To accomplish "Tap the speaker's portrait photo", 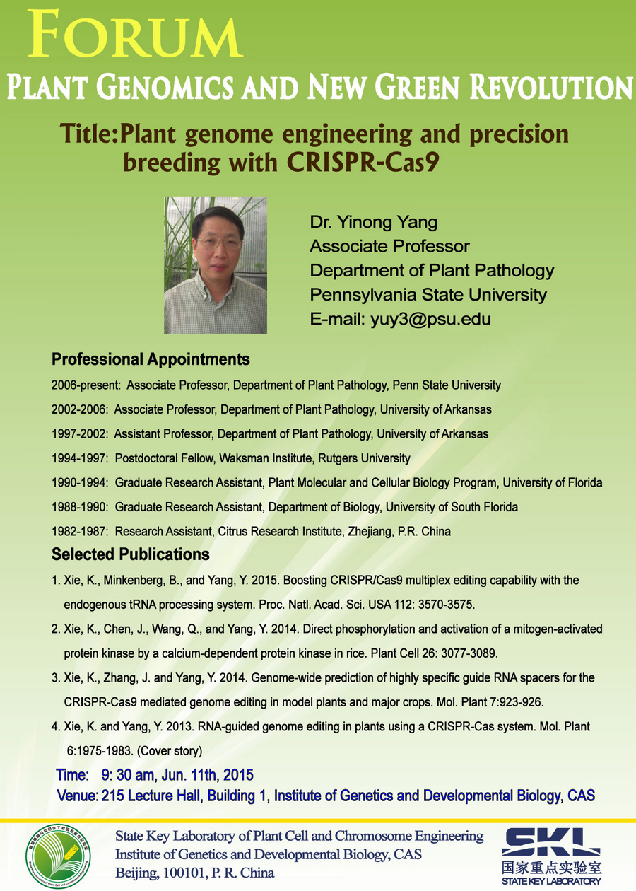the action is pyautogui.click(x=216, y=265).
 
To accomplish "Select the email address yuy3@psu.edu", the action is pyautogui.click(x=431, y=319).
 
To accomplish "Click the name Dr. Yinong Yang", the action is pyautogui.click(x=374, y=222).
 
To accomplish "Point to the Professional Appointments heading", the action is pyautogui.click(x=151, y=359).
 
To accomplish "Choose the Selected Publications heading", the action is pyautogui.click(x=130, y=554).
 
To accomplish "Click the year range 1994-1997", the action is pyautogui.click(x=79, y=458).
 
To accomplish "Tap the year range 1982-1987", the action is pyautogui.click(x=79, y=532).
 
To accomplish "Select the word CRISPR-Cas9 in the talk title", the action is pyautogui.click(x=363, y=162).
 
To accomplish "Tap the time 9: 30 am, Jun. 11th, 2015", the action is pyautogui.click(x=177, y=775).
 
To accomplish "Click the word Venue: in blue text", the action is pyautogui.click(x=78, y=796).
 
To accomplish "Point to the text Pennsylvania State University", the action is pyautogui.click(x=428, y=295).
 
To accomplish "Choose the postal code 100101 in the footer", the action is pyautogui.click(x=185, y=873).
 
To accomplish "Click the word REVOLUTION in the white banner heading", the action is pyautogui.click(x=551, y=87).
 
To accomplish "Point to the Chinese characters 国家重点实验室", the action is pyautogui.click(x=551, y=867).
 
